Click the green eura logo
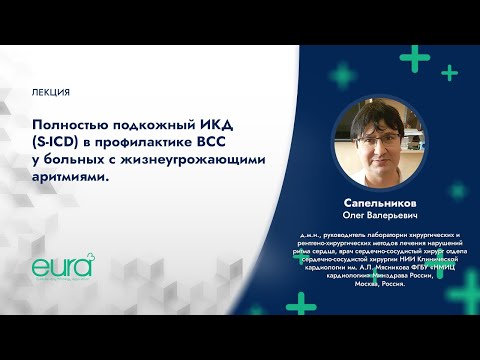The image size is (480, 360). [62, 267]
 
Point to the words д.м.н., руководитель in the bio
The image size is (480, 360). [316, 233]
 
